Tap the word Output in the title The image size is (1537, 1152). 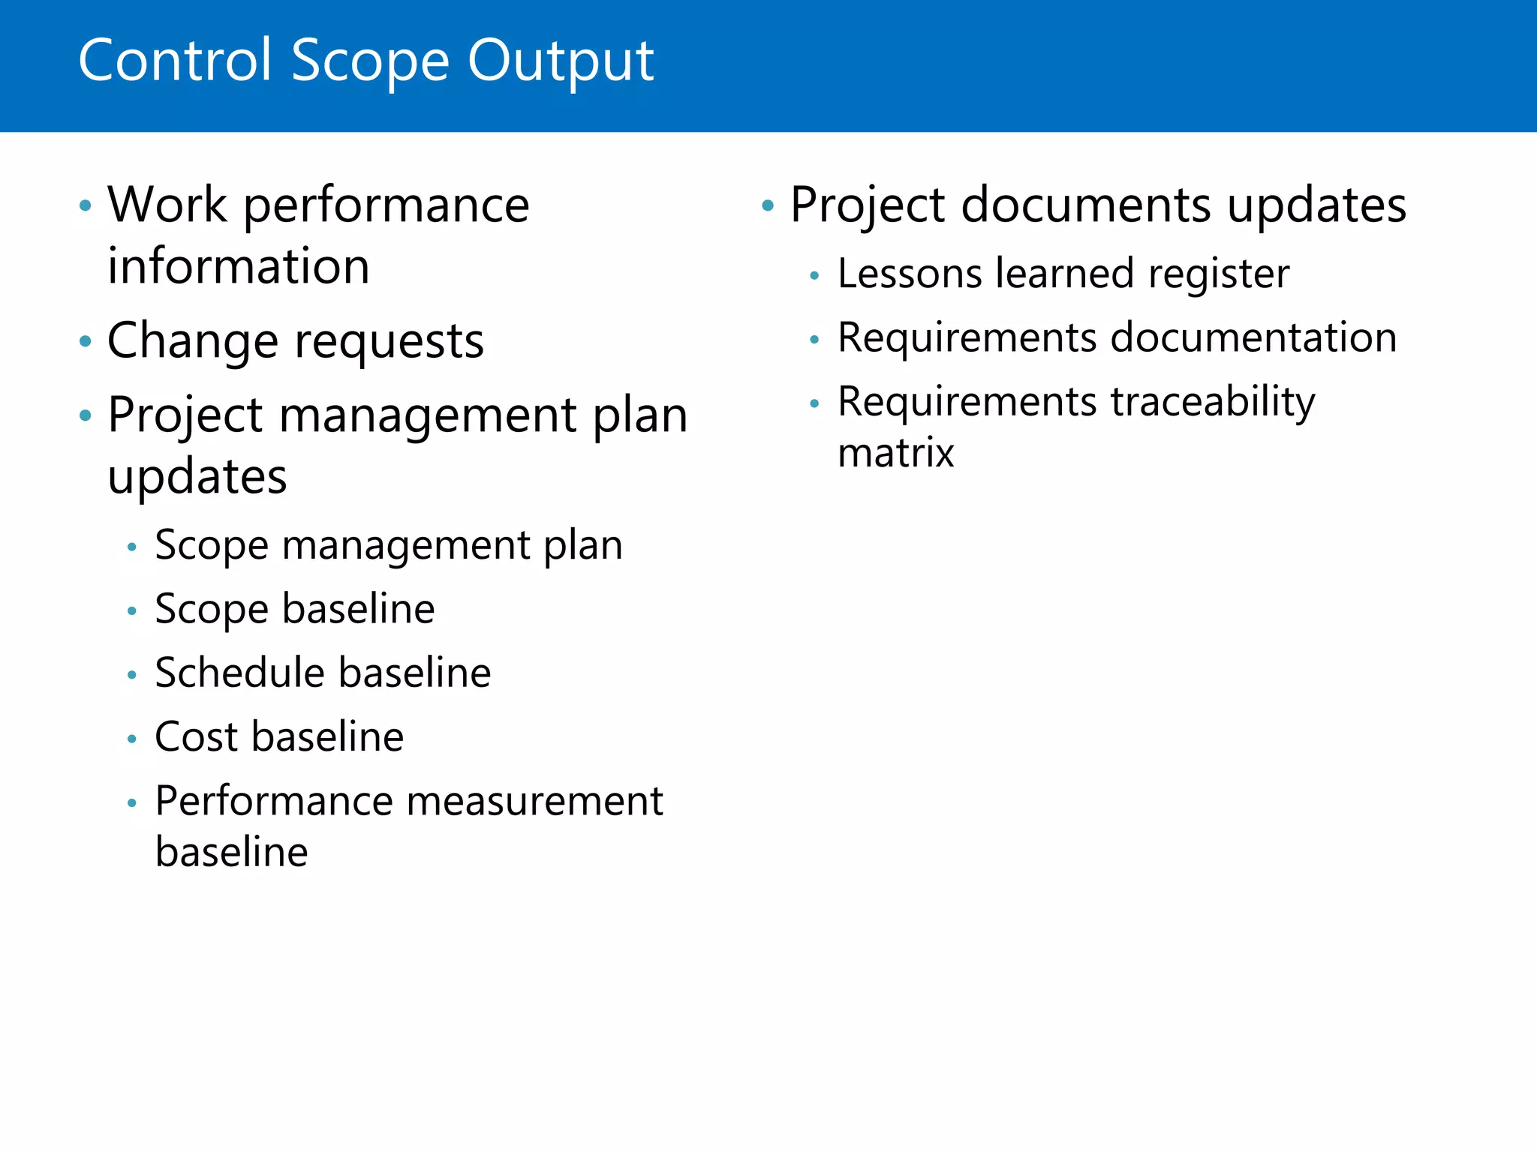pyautogui.click(x=561, y=61)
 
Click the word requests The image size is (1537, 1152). pyautogui.click(x=390, y=342)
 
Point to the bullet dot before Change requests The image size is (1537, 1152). pyautogui.click(x=86, y=342)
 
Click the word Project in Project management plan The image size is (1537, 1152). pyautogui.click(x=185, y=416)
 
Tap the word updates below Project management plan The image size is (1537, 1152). pyautogui.click(x=197, y=478)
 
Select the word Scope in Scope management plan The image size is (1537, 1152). pyautogui.click(x=211, y=545)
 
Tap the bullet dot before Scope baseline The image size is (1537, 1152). pyautogui.click(x=132, y=611)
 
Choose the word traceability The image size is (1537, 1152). pyautogui.click(x=1212, y=403)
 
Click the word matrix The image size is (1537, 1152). pyautogui.click(x=895, y=453)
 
